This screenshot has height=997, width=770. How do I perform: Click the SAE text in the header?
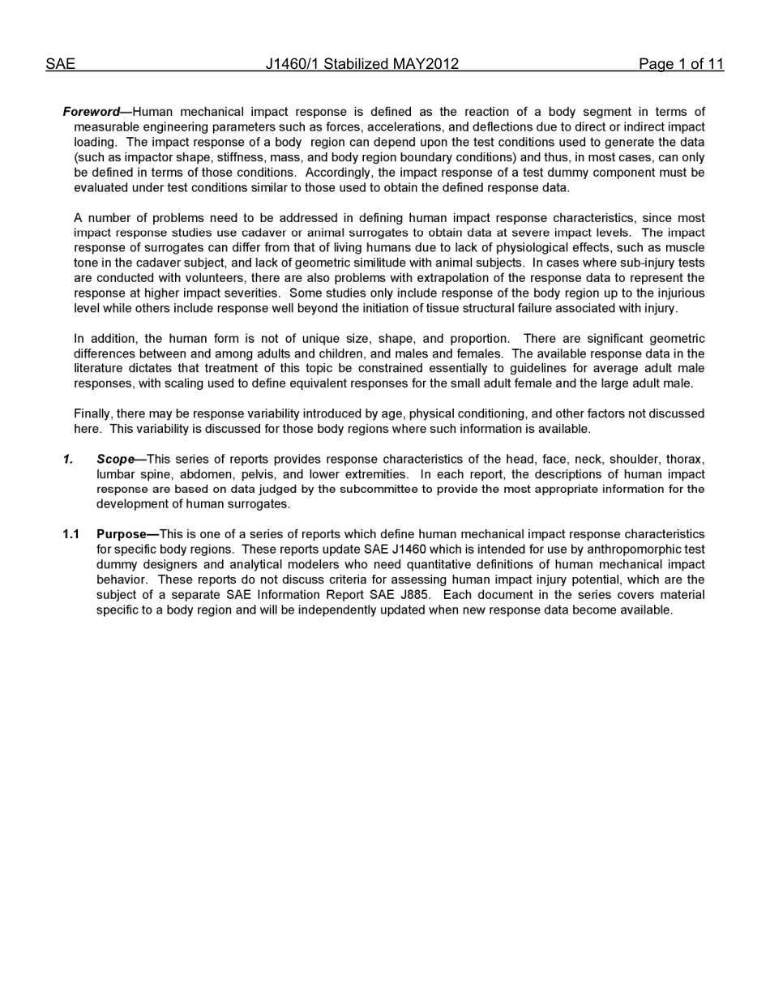[x=60, y=64]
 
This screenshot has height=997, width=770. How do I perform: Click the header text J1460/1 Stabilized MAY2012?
[x=362, y=64]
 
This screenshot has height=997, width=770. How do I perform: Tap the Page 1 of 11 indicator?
[x=681, y=64]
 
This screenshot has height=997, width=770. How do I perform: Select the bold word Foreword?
[x=91, y=112]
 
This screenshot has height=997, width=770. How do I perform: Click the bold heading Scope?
[x=116, y=460]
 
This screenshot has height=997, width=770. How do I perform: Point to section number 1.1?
[x=71, y=534]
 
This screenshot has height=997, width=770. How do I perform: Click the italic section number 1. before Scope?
[x=68, y=460]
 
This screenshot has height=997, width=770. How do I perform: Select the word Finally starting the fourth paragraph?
[x=93, y=413]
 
